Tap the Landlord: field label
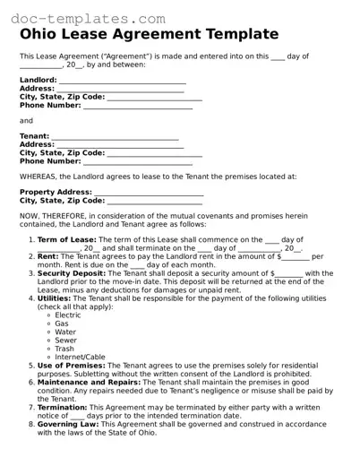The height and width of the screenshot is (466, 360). click(x=39, y=80)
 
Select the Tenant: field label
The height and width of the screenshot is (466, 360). click(x=34, y=136)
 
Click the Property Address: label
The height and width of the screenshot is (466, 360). click(x=56, y=192)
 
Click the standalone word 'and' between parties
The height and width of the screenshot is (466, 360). click(x=26, y=120)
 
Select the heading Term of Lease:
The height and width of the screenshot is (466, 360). click(x=67, y=240)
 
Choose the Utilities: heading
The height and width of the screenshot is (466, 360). click(x=56, y=298)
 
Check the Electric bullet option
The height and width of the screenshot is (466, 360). click(x=67, y=315)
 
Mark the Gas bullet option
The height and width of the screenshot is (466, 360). click(x=62, y=324)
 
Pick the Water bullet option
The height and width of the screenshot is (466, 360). click(x=65, y=332)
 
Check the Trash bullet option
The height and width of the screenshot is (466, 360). click(x=64, y=349)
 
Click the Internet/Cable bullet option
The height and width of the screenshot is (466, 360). click(x=80, y=357)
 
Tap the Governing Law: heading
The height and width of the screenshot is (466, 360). click(x=69, y=424)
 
